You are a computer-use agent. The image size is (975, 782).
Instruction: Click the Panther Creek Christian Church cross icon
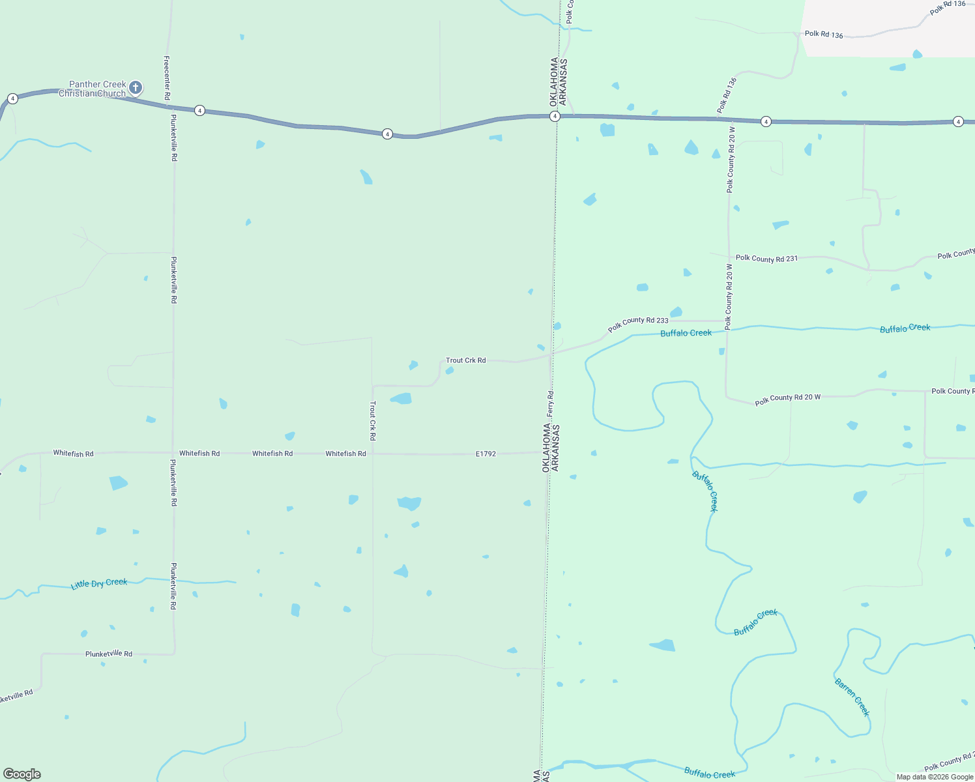click(136, 87)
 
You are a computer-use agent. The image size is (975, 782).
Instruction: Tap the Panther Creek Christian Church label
click(94, 89)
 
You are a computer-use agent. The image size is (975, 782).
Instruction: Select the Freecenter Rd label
click(167, 78)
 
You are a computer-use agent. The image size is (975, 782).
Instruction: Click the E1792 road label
click(486, 454)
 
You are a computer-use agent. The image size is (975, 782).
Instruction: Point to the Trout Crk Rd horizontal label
click(465, 360)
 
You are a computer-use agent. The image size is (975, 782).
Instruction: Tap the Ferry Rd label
click(551, 404)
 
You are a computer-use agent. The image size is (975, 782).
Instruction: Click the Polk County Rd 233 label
click(638, 324)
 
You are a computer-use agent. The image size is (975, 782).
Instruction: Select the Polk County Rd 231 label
click(766, 259)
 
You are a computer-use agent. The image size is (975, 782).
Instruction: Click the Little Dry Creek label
click(99, 583)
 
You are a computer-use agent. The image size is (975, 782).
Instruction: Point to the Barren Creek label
click(852, 697)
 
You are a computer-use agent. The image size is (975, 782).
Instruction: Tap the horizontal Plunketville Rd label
click(109, 654)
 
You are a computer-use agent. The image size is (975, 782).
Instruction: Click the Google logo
click(22, 774)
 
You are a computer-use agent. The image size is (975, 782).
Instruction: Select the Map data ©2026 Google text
click(935, 777)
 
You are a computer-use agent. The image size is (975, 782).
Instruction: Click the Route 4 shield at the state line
click(555, 117)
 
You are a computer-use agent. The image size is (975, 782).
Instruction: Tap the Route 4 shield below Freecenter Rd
click(200, 111)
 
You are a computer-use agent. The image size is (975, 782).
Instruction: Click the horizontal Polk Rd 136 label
click(824, 35)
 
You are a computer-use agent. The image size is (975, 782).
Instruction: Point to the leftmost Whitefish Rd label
click(73, 454)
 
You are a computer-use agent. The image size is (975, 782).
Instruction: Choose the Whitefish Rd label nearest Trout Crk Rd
click(345, 454)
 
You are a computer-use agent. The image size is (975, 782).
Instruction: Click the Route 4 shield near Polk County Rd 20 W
click(766, 122)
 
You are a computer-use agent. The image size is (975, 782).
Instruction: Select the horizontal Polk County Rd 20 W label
click(787, 399)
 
